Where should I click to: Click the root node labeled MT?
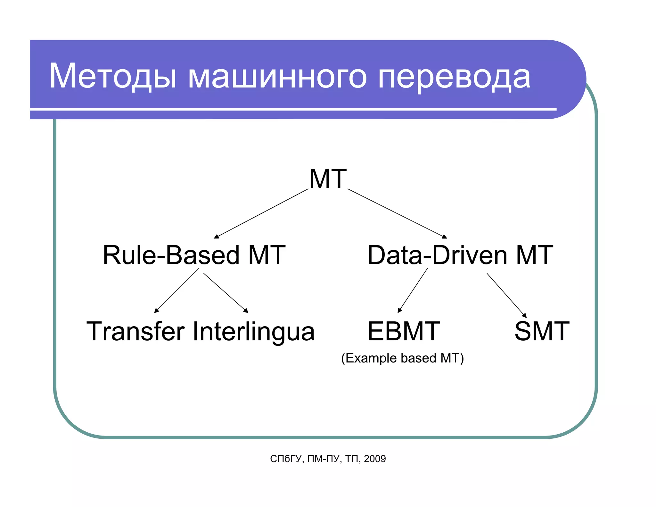tap(328, 179)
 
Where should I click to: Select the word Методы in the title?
tap(112, 76)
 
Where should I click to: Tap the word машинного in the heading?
tap(277, 77)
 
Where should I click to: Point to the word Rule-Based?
tap(171, 255)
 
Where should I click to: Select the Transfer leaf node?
tap(135, 331)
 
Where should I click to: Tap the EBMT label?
tap(404, 331)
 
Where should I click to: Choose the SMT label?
tap(542, 331)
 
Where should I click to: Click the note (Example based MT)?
tap(402, 358)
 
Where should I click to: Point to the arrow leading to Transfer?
tap(176, 291)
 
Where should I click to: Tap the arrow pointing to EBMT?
tap(413, 290)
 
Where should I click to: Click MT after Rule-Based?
tap(266, 255)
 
